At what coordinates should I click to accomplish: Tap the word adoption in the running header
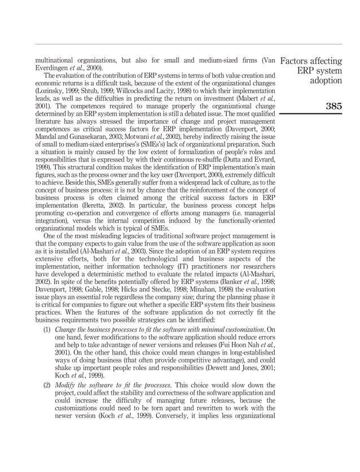325,81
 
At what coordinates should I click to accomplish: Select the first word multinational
59,60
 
